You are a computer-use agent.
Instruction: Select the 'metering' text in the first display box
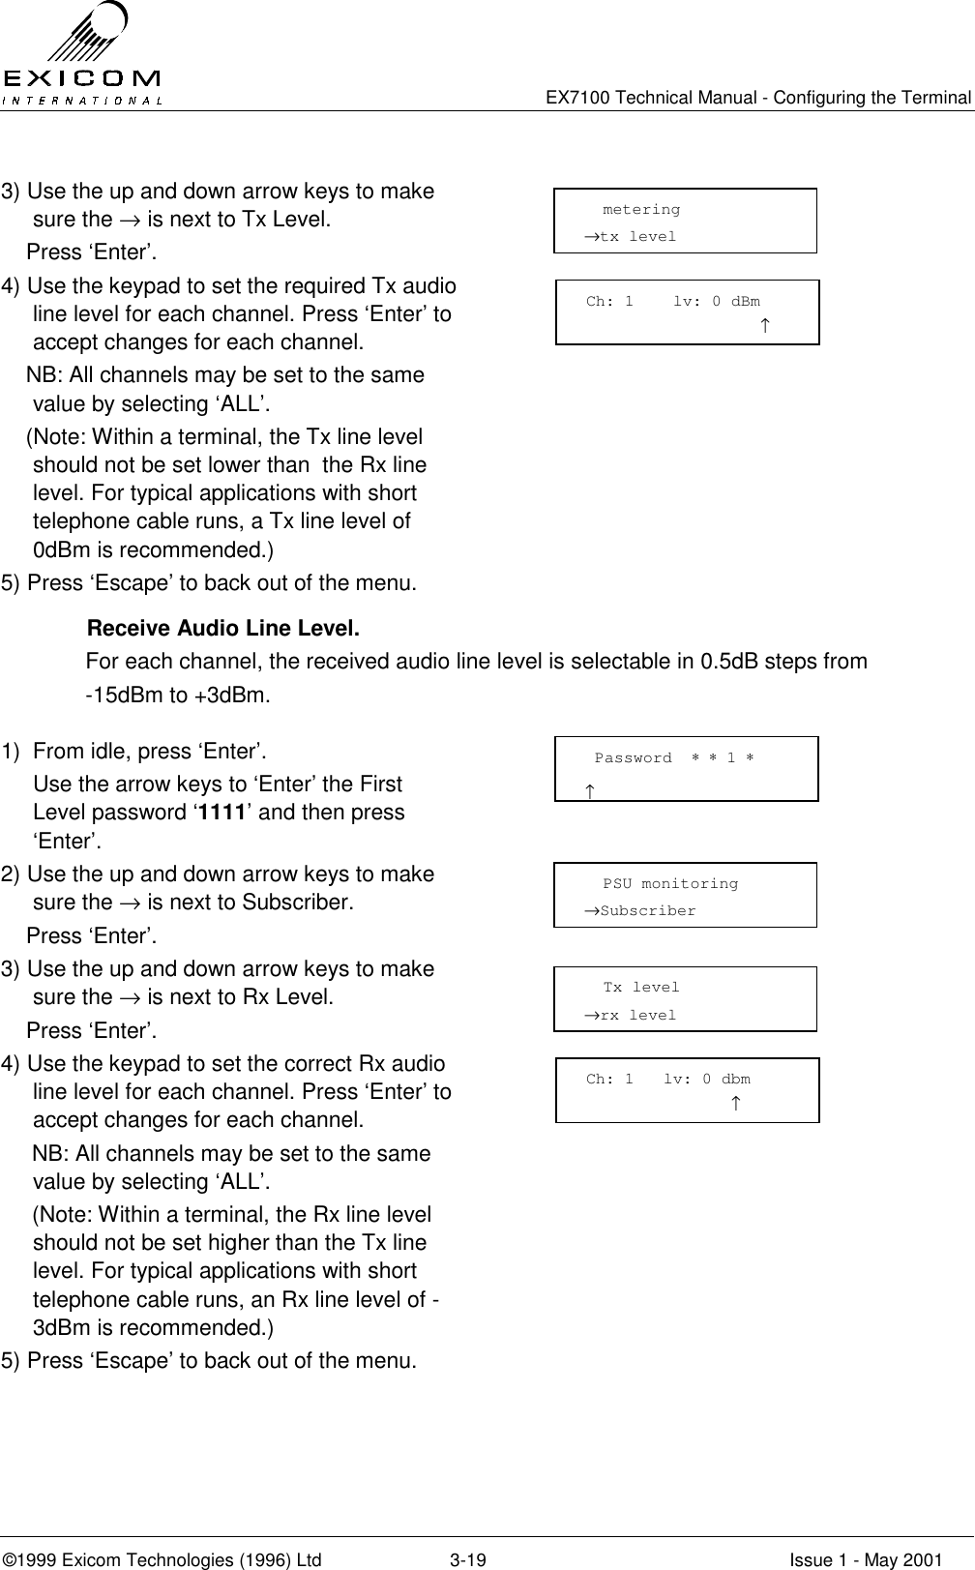coord(640,210)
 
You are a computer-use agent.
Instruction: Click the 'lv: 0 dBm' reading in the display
coord(716,302)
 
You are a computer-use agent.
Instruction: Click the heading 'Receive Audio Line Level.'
coord(223,630)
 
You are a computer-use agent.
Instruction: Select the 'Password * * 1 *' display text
coord(674,758)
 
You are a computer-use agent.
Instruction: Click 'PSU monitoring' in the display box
coord(669,884)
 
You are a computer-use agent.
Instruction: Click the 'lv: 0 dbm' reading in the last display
coord(706,1080)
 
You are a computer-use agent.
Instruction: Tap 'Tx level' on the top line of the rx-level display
coord(641,988)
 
